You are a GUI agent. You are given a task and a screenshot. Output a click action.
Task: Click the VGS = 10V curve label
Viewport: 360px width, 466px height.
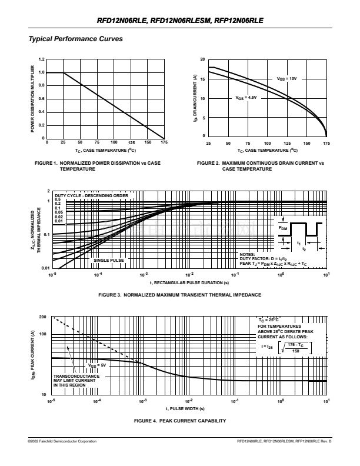(x=286, y=78)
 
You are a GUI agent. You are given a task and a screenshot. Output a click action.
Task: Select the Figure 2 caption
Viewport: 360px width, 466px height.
(x=260, y=165)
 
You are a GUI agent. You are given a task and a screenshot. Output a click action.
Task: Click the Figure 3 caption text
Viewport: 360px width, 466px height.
(x=181, y=294)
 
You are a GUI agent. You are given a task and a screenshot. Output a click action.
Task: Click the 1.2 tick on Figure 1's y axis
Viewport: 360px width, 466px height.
(x=41, y=59)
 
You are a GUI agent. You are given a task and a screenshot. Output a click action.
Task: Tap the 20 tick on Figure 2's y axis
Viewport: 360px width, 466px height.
(x=202, y=59)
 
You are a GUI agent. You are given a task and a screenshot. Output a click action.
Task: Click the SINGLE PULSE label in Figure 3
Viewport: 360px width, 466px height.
(x=108, y=259)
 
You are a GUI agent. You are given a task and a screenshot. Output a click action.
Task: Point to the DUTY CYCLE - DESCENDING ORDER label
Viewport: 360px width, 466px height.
(x=91, y=195)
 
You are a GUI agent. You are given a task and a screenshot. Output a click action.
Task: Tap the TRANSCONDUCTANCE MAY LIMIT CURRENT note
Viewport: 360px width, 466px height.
(x=73, y=380)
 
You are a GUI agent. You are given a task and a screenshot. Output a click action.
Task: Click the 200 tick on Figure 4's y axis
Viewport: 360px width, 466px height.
(x=43, y=317)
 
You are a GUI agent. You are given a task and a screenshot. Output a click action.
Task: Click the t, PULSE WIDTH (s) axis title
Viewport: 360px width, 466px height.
(x=185, y=408)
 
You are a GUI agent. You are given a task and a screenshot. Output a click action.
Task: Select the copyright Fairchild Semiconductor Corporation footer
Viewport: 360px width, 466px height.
(x=62, y=441)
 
